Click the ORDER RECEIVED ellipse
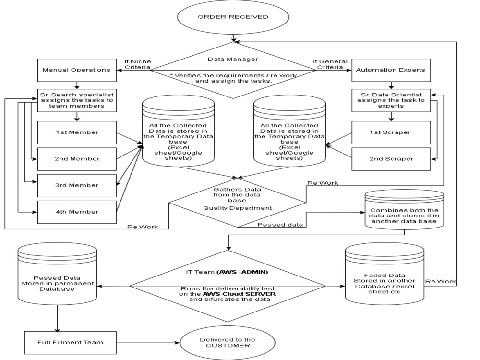[x=233, y=17]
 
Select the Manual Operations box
[x=77, y=70]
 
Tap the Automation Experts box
[x=391, y=70]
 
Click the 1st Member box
[x=77, y=132]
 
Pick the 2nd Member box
[x=77, y=159]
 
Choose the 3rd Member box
[x=77, y=185]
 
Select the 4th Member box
[x=77, y=212]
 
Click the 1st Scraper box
[x=391, y=132]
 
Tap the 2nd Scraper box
[x=391, y=159]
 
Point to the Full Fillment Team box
[x=71, y=343]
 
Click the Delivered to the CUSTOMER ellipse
[x=228, y=343]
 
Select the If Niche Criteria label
[x=137, y=64]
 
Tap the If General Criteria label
[x=330, y=64]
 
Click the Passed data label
[x=280, y=224]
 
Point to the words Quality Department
[x=238, y=208]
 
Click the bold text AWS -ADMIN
[x=242, y=272]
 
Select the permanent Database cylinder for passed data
[x=57, y=274]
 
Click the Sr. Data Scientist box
[x=391, y=100]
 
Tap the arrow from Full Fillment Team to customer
[x=148, y=343]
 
